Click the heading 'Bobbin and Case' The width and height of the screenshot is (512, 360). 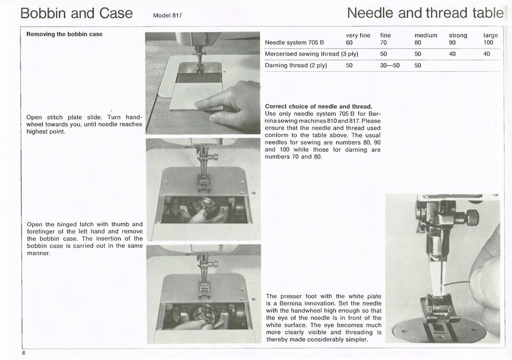click(x=76, y=13)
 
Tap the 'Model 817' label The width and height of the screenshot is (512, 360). click(x=167, y=15)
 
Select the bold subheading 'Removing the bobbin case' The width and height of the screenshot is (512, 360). click(x=64, y=34)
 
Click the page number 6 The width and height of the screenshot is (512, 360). click(x=23, y=353)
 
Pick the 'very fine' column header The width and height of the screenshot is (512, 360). click(x=358, y=35)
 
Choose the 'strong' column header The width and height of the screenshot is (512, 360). click(x=458, y=35)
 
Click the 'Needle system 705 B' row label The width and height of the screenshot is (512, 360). click(x=294, y=42)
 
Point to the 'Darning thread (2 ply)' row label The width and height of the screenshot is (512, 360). click(x=295, y=65)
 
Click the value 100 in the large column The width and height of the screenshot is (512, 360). click(x=488, y=42)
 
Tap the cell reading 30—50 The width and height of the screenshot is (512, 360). click(x=390, y=65)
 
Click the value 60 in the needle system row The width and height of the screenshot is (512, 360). click(x=349, y=42)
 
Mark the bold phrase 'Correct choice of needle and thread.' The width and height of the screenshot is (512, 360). click(x=318, y=106)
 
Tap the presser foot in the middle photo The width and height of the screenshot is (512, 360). click(x=203, y=182)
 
